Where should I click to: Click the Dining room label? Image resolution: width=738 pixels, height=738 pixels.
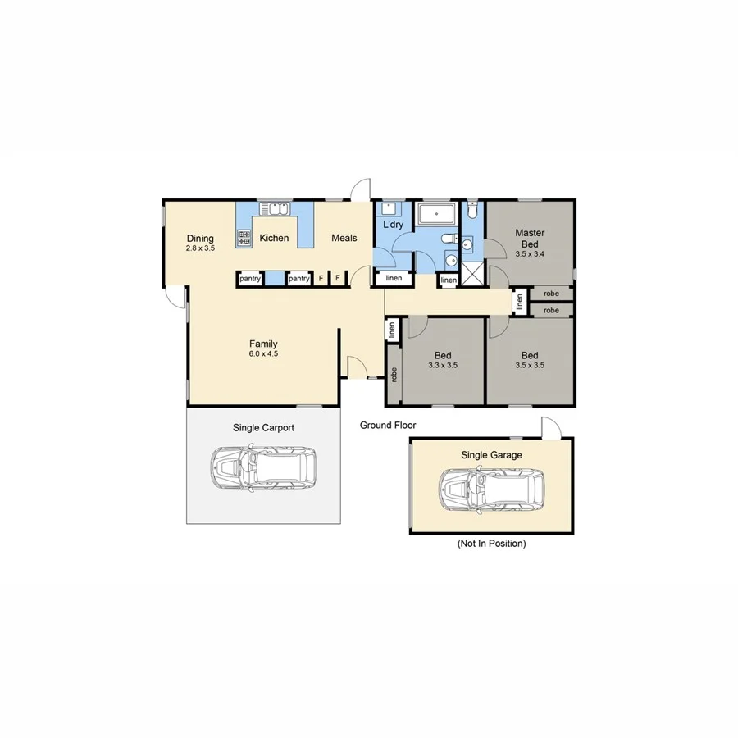coord(200,239)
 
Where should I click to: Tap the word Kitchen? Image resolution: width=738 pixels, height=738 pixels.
coord(274,239)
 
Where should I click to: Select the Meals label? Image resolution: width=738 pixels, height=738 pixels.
coord(344,239)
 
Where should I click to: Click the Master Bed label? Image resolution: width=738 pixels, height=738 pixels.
coord(530,238)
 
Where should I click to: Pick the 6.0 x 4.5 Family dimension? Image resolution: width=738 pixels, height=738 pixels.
coord(264,354)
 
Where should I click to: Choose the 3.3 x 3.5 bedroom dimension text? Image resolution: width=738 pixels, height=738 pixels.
coord(443,366)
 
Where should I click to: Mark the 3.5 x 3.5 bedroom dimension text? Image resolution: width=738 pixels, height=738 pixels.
coord(530,366)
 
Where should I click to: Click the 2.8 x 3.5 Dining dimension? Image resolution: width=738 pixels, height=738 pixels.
coord(200,248)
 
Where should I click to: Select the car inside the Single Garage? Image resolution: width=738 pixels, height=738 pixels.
coord(491,490)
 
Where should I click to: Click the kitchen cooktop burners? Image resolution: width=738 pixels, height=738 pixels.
coord(244,239)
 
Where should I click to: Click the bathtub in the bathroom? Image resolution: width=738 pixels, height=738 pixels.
coord(437,215)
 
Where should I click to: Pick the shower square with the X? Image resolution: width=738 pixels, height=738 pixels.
coord(471,273)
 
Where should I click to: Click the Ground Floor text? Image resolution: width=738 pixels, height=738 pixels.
coord(388,426)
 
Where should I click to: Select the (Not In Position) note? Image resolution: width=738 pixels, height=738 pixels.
coord(491,544)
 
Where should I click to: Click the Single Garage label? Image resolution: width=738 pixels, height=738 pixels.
coord(491,455)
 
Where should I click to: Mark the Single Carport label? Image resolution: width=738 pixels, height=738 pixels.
coord(264,428)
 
